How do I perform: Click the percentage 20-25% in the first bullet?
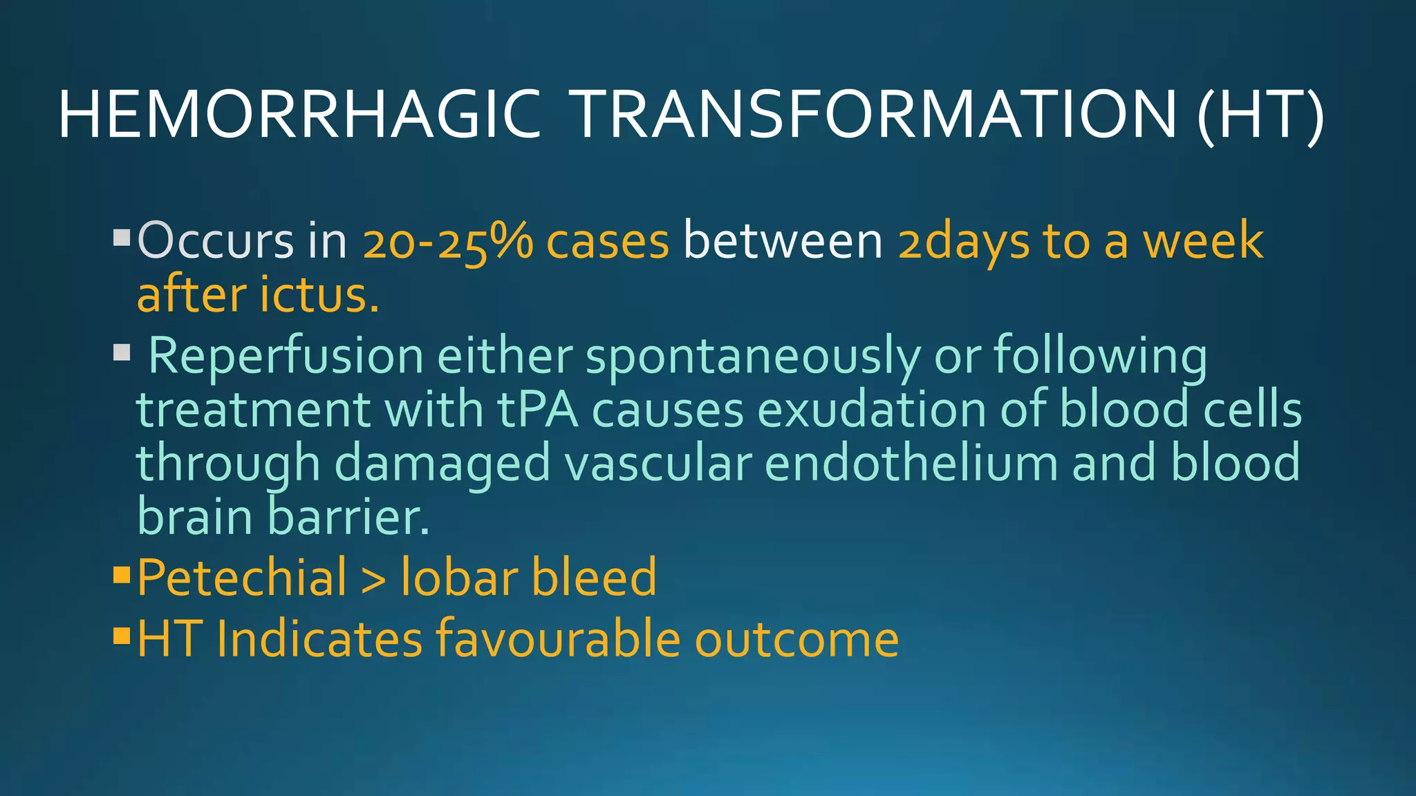click(x=448, y=241)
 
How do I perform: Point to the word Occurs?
click(x=216, y=241)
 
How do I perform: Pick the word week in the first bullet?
click(x=1203, y=241)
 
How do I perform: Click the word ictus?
click(x=319, y=295)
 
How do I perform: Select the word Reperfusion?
click(x=286, y=356)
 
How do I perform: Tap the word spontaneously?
click(x=753, y=357)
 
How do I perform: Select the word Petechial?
click(x=242, y=578)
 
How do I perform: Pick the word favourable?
click(x=557, y=639)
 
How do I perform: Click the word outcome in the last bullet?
click(x=796, y=639)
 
